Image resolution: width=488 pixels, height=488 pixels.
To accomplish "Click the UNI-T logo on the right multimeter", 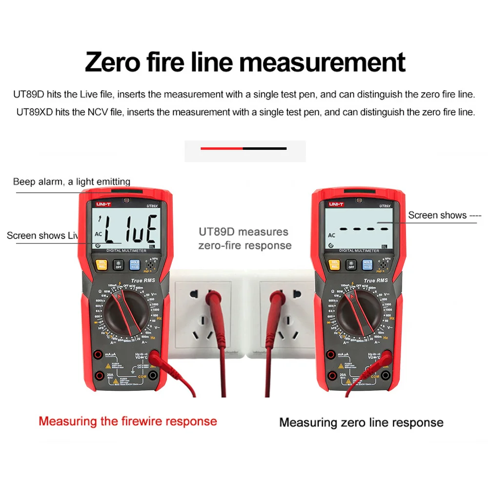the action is pos(336,204).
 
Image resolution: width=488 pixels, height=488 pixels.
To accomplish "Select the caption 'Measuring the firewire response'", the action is pos(128,421).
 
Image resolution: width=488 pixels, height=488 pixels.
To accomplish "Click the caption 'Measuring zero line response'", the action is pos(361,423).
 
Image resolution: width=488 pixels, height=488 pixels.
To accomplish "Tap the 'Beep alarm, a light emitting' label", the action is pos(72,182).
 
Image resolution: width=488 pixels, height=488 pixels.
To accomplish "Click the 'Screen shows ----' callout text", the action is pos(444,215).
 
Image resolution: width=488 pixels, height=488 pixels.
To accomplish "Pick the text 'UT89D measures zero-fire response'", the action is pos(244,238).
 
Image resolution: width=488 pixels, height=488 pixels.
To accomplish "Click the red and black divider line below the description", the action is pos(244,148).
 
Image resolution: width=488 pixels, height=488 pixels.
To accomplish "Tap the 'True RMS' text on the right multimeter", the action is pos(376,281).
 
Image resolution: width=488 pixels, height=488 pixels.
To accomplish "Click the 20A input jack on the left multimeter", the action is pos(99,375).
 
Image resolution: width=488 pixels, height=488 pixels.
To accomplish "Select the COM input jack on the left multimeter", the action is pos(153,375).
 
